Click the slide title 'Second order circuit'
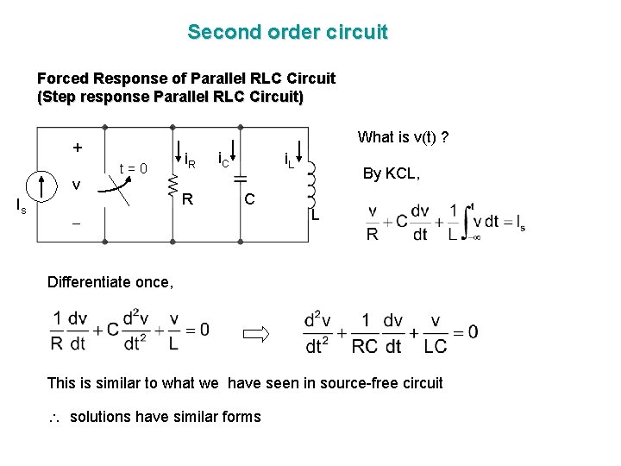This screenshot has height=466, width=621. point(287,33)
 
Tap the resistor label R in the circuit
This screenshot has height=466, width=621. point(186,200)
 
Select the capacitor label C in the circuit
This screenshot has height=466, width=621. point(248,200)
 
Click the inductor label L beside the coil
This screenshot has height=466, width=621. point(316,213)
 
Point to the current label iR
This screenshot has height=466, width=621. point(191,160)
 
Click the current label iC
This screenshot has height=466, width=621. point(222,160)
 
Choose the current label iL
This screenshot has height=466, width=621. point(290,160)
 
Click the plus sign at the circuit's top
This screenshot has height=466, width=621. point(78,148)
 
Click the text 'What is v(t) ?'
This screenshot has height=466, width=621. point(402,137)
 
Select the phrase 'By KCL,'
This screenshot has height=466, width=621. point(392,173)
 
